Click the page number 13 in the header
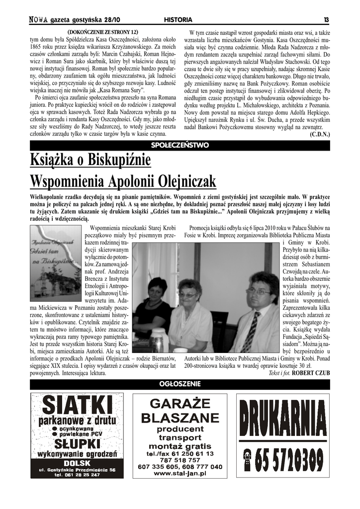pyautogui.click(x=326, y=20)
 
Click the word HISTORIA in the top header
pyautogui.click(x=178, y=20)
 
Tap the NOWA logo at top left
pyautogui.click(x=38, y=20)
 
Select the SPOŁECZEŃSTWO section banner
pyautogui.click(x=180, y=145)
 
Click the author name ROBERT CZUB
pyautogui.click(x=311, y=372)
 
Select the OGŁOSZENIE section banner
pyautogui.click(x=180, y=384)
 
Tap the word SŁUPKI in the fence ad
pyautogui.click(x=78, y=443)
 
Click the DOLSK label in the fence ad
pyautogui.click(x=78, y=463)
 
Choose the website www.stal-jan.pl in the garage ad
pyautogui.click(x=180, y=474)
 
